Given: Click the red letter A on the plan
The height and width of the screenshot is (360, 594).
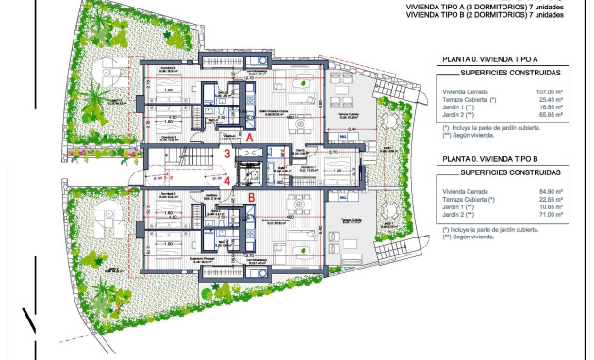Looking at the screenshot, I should (249, 136).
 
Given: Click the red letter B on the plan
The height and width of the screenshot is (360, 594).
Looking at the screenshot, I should (251, 197).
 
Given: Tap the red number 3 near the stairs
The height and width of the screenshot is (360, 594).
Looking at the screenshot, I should (227, 154).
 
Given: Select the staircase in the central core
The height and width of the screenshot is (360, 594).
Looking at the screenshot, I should (199, 159).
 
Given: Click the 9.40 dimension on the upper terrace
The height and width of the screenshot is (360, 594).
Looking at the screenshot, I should (352, 128).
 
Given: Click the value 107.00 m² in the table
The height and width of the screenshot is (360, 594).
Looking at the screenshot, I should (549, 91).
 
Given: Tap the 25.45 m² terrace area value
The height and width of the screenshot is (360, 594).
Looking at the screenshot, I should (550, 99).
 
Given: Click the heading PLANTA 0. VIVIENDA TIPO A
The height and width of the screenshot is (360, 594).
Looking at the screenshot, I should (494, 58).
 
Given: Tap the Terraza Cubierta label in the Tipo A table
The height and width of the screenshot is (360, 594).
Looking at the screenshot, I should (467, 99).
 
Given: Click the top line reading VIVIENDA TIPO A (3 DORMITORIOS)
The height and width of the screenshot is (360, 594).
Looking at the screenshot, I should (472, 7).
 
